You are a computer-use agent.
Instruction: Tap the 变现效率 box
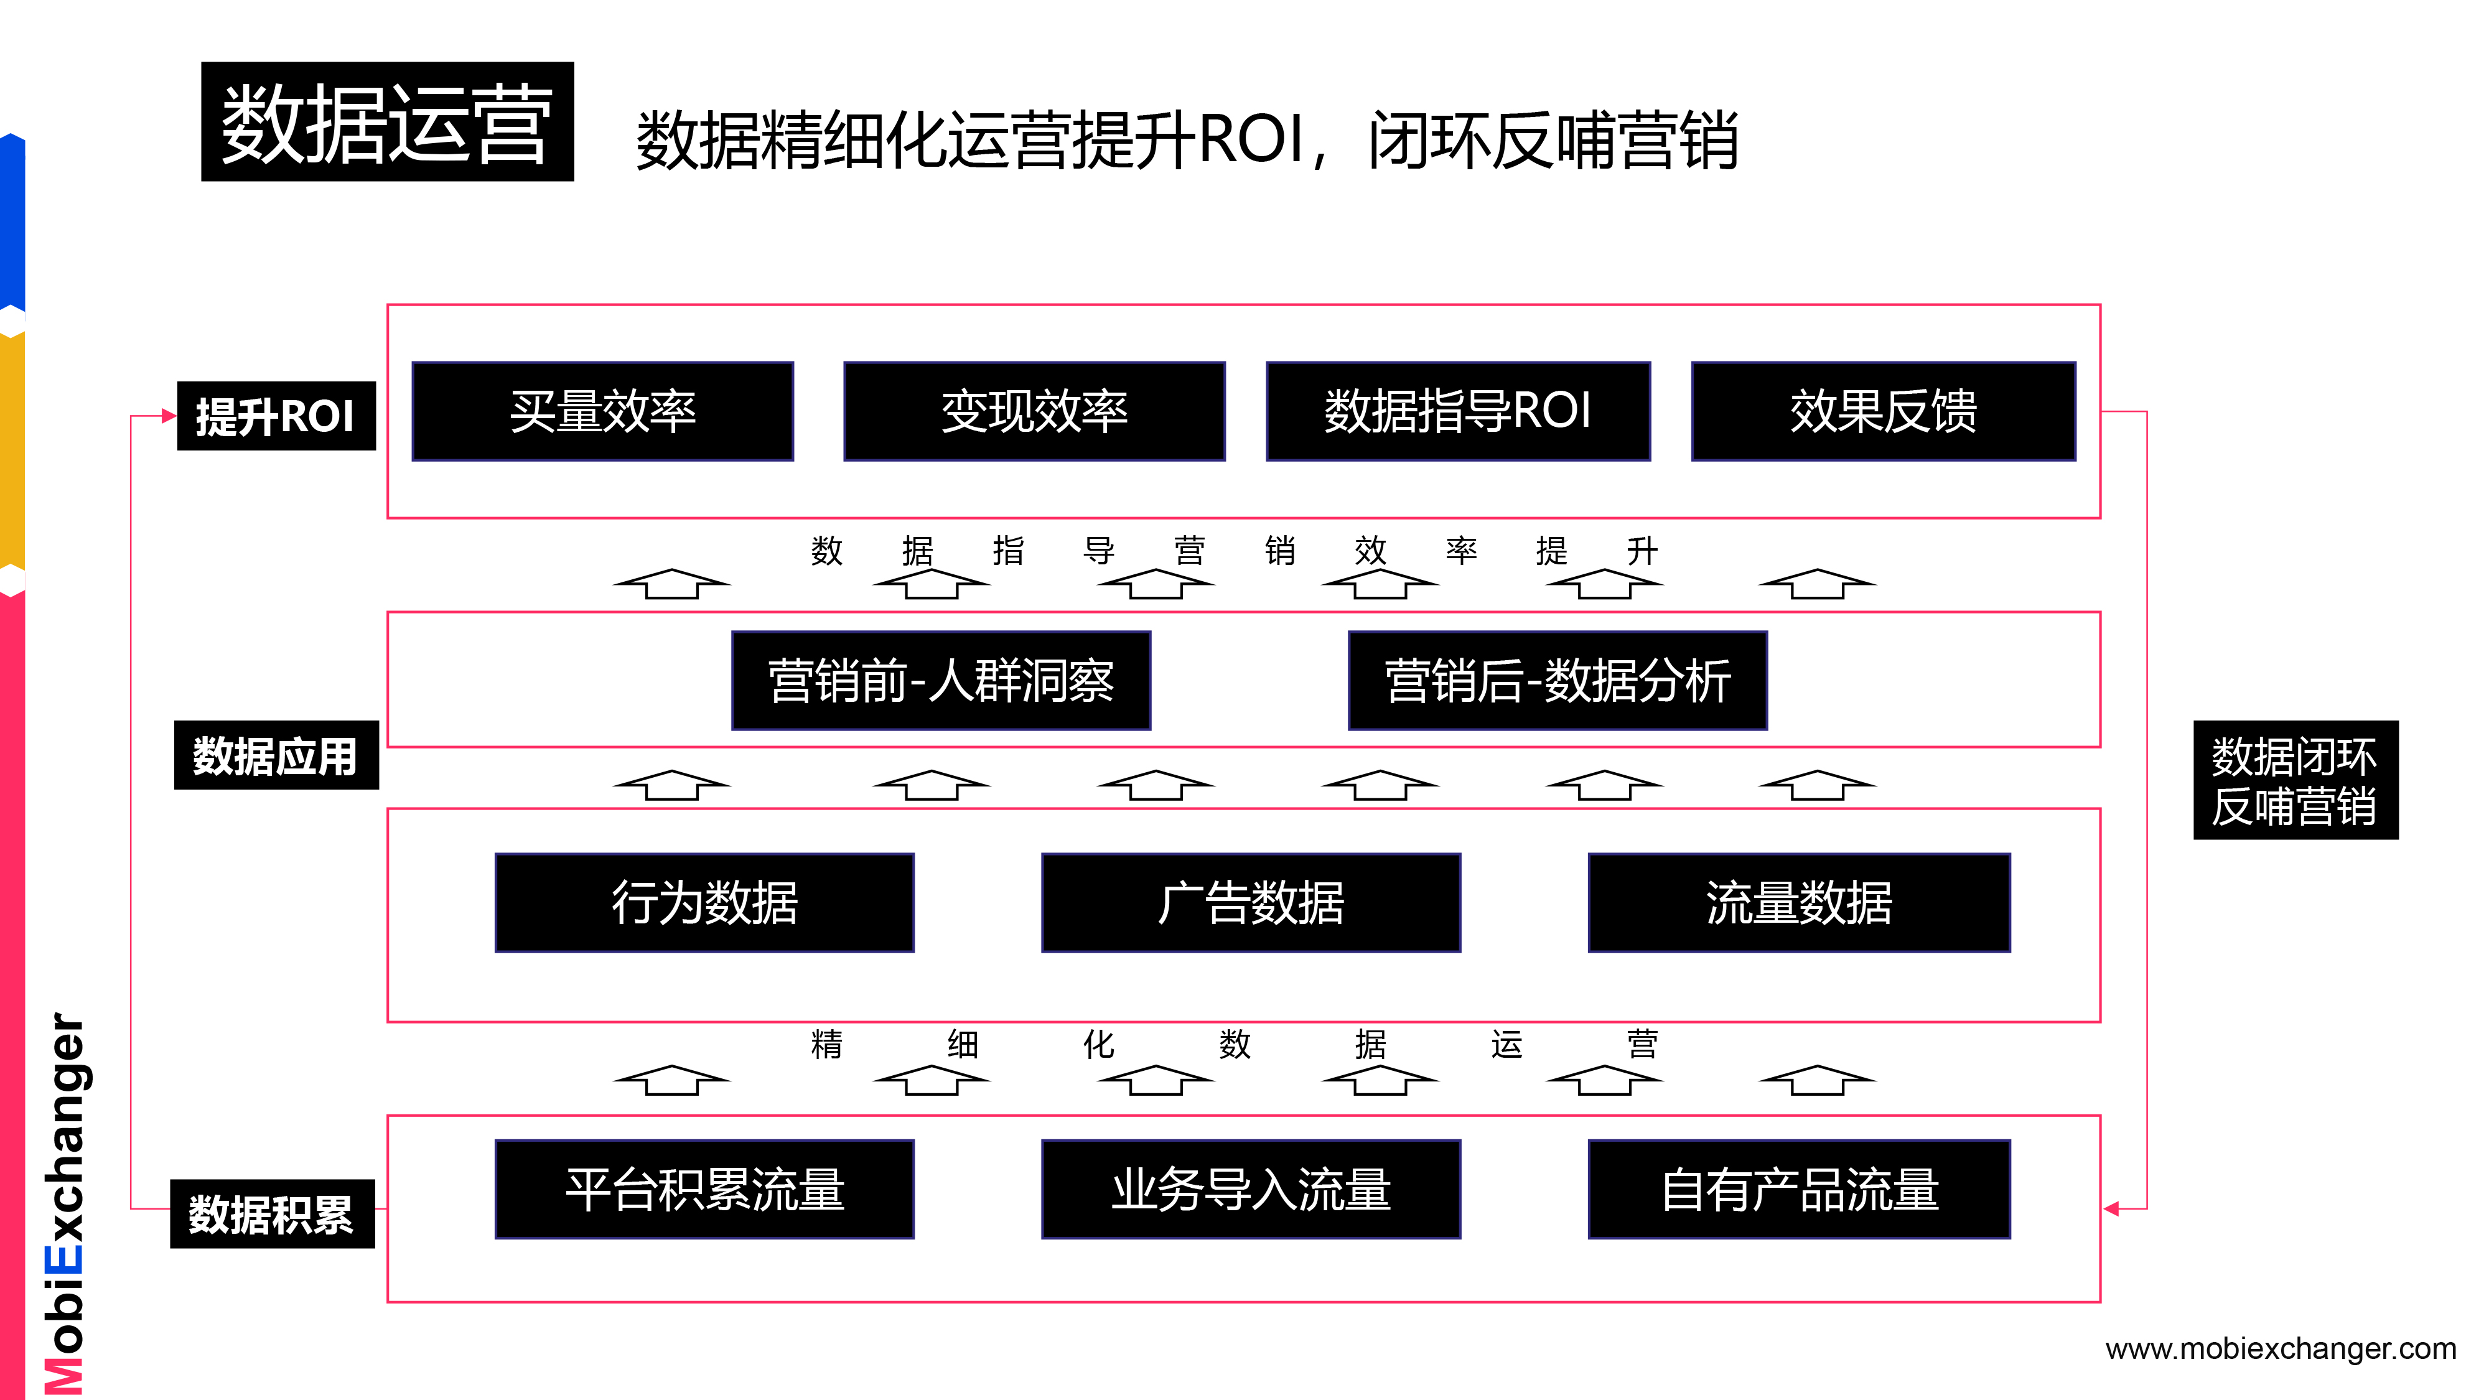pos(1034,411)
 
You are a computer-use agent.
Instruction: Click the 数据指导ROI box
pos(1457,411)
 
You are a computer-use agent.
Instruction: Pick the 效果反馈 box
pos(1882,411)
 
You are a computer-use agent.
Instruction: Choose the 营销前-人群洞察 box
pos(940,680)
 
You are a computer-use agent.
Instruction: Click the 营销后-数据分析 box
pos(1557,680)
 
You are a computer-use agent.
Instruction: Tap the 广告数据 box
pos(1250,902)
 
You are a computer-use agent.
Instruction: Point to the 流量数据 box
pos(1798,902)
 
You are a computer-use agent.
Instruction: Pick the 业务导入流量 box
pos(1250,1188)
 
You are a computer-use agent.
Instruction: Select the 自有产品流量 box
pos(1798,1188)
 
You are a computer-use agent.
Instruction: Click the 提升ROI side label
pos(276,416)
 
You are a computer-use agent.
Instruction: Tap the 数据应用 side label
pos(276,755)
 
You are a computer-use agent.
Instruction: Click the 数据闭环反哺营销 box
pos(2295,780)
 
